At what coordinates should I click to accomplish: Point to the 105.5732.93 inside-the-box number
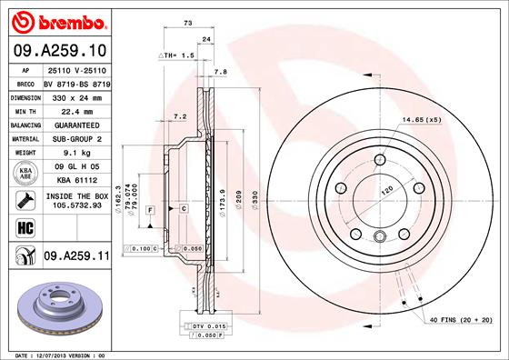[x=75, y=205]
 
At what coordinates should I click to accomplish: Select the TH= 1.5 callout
[x=178, y=56]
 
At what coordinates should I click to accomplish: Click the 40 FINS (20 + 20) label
[x=460, y=321]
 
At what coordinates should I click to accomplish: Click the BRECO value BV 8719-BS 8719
[x=75, y=81]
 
